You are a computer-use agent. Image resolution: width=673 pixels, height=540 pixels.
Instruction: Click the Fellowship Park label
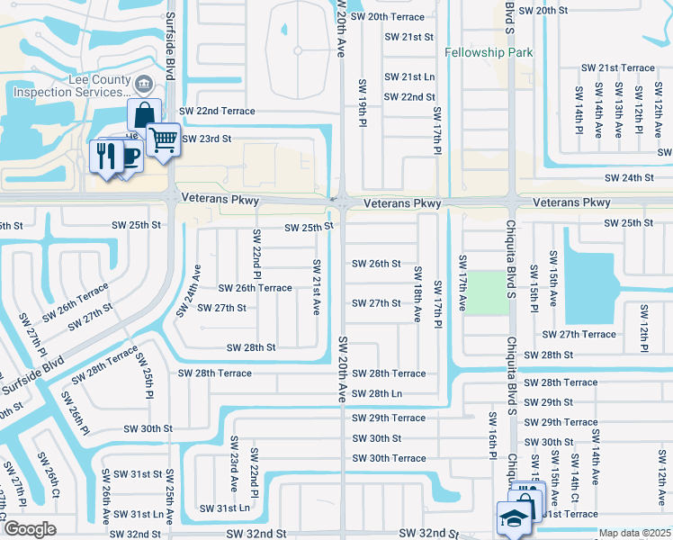[489, 52]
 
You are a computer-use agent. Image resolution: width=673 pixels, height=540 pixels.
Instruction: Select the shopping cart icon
[163, 139]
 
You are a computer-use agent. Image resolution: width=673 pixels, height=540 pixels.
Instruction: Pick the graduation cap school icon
[514, 517]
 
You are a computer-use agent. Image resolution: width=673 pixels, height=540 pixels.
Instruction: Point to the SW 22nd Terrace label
[217, 111]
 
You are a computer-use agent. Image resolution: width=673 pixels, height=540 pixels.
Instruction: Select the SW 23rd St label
[207, 139]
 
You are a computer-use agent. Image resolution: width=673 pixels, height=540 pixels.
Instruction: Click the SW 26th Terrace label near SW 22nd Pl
[256, 288]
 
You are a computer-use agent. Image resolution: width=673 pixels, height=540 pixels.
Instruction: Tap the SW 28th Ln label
[377, 394]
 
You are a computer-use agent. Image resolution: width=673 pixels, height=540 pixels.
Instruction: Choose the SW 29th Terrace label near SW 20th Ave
[389, 418]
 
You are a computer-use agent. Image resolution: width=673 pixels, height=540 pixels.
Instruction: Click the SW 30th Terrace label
[389, 458]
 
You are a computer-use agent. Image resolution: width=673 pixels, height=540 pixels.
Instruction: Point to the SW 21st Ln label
[409, 77]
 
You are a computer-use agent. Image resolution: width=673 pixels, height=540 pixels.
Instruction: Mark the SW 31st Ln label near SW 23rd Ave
[225, 508]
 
